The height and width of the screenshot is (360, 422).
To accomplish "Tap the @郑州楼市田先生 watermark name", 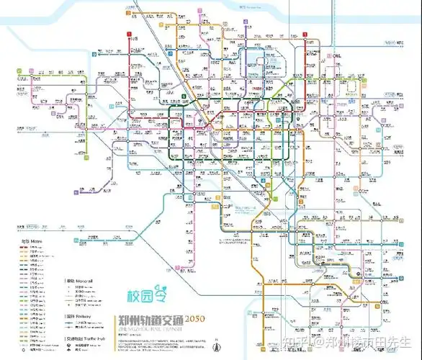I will (374, 341).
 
